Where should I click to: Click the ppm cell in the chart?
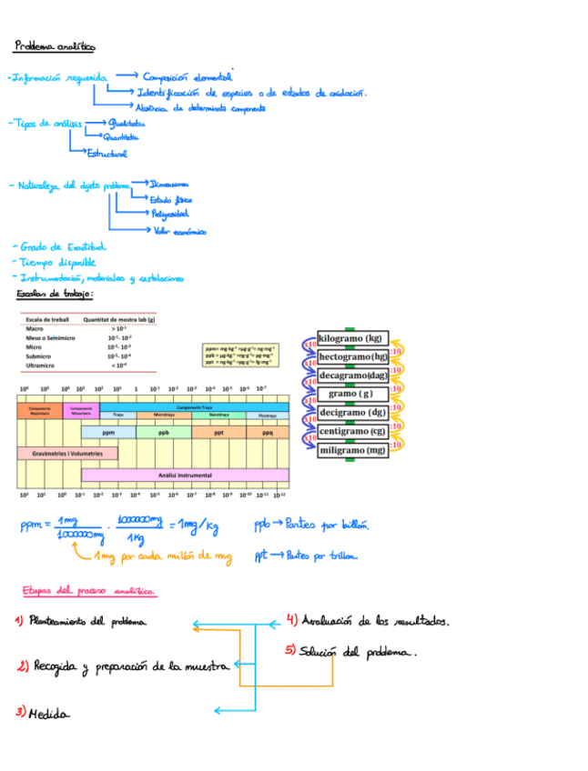(108, 433)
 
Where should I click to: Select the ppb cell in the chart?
(163, 433)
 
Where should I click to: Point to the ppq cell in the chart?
(268, 433)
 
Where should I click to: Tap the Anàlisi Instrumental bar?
(185, 475)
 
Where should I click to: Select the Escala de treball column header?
(47, 319)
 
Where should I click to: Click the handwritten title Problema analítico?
(54, 45)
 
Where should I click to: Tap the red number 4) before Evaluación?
(291, 621)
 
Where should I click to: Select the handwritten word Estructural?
(106, 154)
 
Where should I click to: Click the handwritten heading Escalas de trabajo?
(56, 295)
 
